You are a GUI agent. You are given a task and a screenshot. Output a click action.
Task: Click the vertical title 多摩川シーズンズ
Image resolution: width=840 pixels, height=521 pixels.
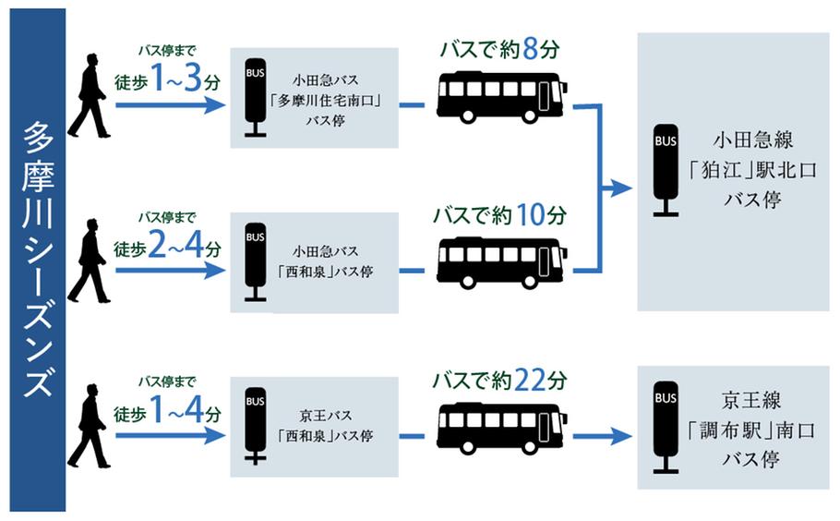(x=38, y=260)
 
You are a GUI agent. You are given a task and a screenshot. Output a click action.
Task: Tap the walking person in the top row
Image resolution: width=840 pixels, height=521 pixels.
(x=89, y=96)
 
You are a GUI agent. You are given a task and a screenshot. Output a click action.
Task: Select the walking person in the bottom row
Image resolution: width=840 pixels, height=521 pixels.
(x=89, y=426)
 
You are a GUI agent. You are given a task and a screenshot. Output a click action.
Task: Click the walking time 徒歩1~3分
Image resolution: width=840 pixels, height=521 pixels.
(x=167, y=79)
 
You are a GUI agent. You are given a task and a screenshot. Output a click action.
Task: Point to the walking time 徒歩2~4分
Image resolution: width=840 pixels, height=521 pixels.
(x=167, y=245)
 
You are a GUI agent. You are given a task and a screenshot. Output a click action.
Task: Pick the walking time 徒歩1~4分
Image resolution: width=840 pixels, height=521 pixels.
(x=167, y=410)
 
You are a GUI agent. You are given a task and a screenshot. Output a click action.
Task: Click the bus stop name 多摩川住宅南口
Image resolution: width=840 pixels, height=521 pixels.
(x=325, y=101)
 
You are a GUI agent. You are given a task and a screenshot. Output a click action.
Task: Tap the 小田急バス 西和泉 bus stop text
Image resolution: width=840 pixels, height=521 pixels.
(x=325, y=261)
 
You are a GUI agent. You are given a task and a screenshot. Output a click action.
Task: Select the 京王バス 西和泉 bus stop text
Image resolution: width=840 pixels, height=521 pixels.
(x=325, y=426)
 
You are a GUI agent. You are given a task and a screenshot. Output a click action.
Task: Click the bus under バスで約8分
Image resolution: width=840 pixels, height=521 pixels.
(x=502, y=97)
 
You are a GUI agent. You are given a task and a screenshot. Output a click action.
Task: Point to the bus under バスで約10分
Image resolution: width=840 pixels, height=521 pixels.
(x=502, y=262)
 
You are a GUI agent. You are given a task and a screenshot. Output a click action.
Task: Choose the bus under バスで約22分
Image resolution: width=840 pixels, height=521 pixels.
(x=502, y=428)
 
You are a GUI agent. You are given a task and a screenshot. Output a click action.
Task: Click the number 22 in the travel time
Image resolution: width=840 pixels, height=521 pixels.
(x=530, y=380)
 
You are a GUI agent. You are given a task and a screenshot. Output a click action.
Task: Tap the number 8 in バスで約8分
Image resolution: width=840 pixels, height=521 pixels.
(x=530, y=49)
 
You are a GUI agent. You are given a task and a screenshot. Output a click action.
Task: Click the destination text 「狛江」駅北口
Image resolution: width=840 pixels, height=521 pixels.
(x=752, y=171)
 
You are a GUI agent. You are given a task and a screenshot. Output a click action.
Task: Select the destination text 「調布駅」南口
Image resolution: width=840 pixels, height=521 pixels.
(x=752, y=430)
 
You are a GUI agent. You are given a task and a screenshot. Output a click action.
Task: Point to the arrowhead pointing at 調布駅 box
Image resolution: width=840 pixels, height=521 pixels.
(x=622, y=436)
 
